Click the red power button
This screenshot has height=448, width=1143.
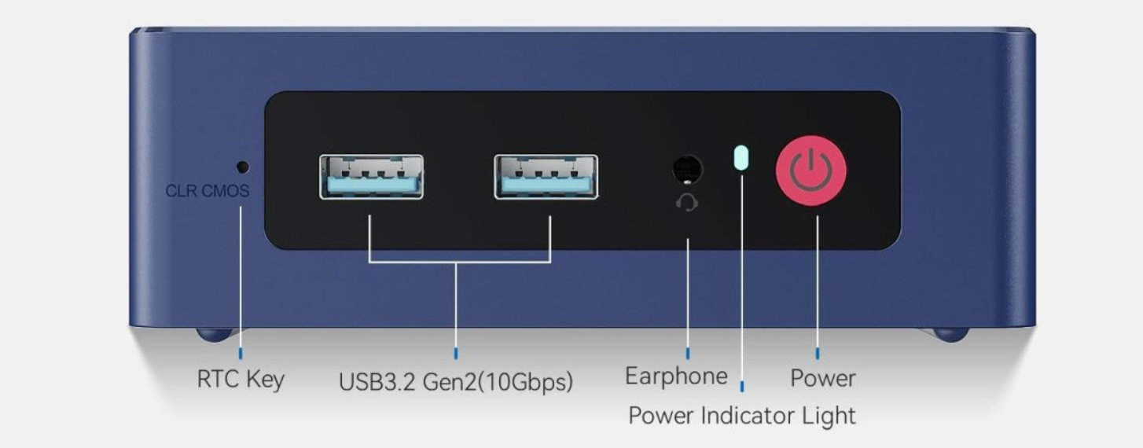(810, 171)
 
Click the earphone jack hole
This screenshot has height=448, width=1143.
(688, 169)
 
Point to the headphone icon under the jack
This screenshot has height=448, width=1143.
(688, 203)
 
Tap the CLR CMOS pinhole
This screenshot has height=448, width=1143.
(243, 167)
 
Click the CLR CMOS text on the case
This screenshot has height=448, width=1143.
(208, 191)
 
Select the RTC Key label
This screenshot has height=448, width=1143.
(241, 380)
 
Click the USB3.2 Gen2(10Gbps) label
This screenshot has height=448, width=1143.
(456, 383)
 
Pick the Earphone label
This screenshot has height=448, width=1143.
(676, 376)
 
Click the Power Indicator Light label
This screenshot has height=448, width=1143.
(741, 415)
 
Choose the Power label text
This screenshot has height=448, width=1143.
(822, 378)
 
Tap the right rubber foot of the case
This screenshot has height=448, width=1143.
(950, 334)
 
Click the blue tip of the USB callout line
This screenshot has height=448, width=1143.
(457, 354)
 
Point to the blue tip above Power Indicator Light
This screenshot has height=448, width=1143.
(741, 385)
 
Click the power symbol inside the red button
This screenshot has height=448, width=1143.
(810, 169)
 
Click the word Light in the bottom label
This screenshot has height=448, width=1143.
(827, 415)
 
